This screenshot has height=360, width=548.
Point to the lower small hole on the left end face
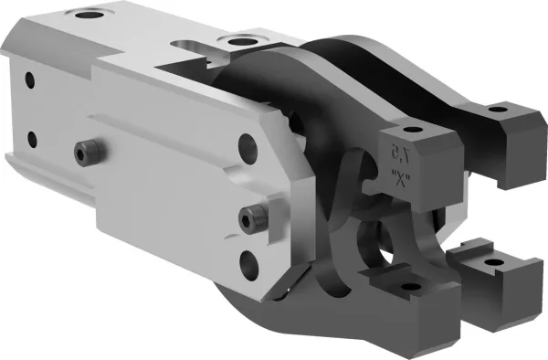(x=33, y=140)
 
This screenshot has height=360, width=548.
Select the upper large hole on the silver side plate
(x=245, y=146)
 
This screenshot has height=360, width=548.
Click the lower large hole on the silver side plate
(x=250, y=266)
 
